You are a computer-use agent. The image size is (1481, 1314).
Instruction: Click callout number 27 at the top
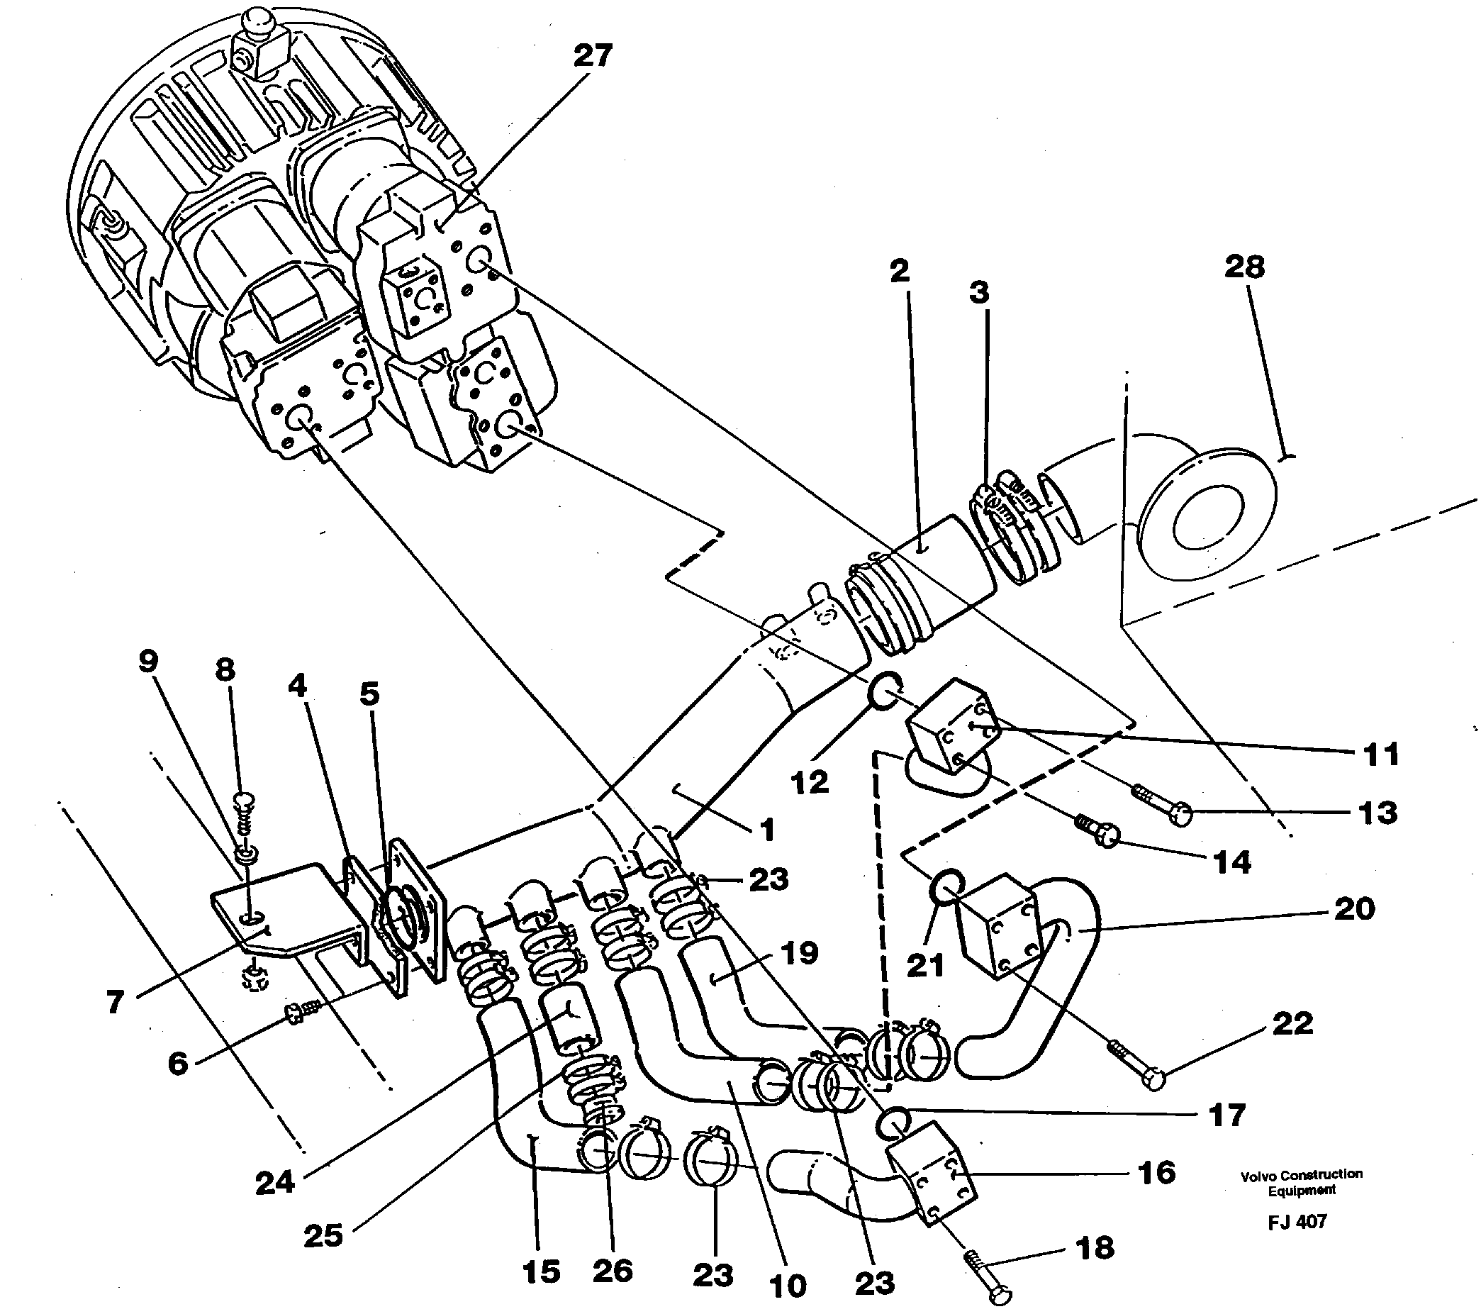(x=592, y=55)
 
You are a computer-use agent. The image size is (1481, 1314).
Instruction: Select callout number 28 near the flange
(x=1244, y=266)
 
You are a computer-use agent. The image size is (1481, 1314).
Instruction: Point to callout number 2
(x=898, y=271)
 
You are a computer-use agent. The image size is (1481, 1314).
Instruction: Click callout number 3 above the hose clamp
(x=978, y=292)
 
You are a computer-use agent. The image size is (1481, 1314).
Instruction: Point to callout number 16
(x=1156, y=1172)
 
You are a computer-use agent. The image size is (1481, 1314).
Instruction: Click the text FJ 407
(x=1297, y=1221)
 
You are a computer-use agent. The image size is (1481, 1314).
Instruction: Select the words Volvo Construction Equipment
(x=1302, y=1181)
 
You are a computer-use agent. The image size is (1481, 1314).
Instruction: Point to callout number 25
(x=323, y=1235)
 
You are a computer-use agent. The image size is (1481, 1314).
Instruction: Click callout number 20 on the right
(x=1353, y=908)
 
